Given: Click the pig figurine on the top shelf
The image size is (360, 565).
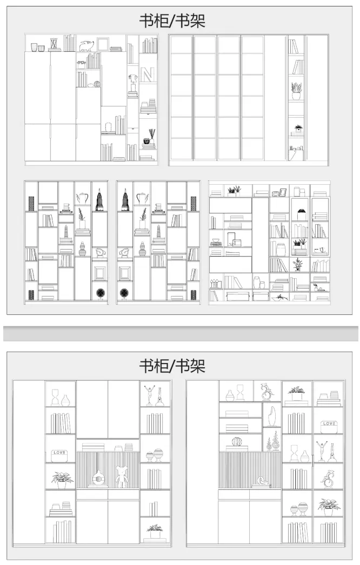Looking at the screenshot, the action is click(x=87, y=45).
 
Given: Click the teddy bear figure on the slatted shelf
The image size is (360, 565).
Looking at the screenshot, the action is click(x=121, y=476).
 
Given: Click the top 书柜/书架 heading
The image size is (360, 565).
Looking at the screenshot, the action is click(x=172, y=21).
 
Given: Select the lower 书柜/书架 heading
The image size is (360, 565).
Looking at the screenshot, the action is click(x=172, y=366).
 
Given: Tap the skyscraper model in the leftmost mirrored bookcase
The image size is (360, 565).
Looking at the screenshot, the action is click(x=99, y=199).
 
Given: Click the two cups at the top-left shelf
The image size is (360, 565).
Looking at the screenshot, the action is click(x=37, y=48).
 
